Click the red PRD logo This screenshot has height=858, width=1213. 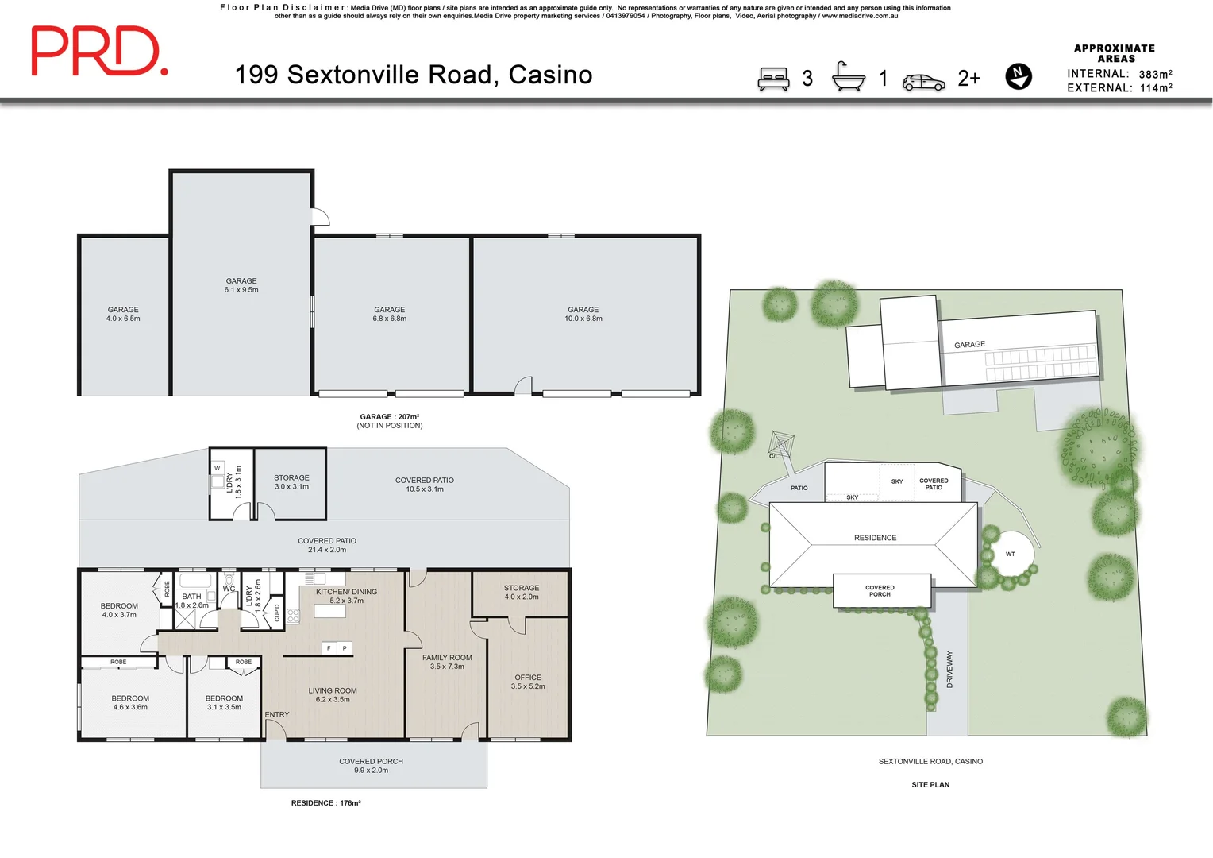pos(98,51)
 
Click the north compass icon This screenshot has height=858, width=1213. pos(1018,76)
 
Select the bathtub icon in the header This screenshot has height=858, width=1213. pos(848,77)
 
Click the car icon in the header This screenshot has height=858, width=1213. pos(923,83)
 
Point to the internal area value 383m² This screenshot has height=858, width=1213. pos(1155,74)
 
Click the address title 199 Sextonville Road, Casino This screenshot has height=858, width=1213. pos(413,75)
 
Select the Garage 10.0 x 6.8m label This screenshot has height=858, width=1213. pos(583,314)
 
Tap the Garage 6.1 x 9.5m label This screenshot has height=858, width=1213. pos(241,285)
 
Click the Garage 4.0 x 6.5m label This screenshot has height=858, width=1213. pos(123,314)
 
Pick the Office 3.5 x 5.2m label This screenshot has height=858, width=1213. pos(528,682)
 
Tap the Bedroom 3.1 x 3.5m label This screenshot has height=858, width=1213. pos(224,702)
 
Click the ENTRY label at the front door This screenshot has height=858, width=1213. pos(277,715)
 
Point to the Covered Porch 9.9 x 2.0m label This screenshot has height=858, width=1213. pos(371,765)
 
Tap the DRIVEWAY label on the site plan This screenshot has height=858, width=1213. pos(949,669)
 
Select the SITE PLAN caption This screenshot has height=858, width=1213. pos(930,784)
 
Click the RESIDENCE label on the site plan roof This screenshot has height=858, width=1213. pos(875,538)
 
